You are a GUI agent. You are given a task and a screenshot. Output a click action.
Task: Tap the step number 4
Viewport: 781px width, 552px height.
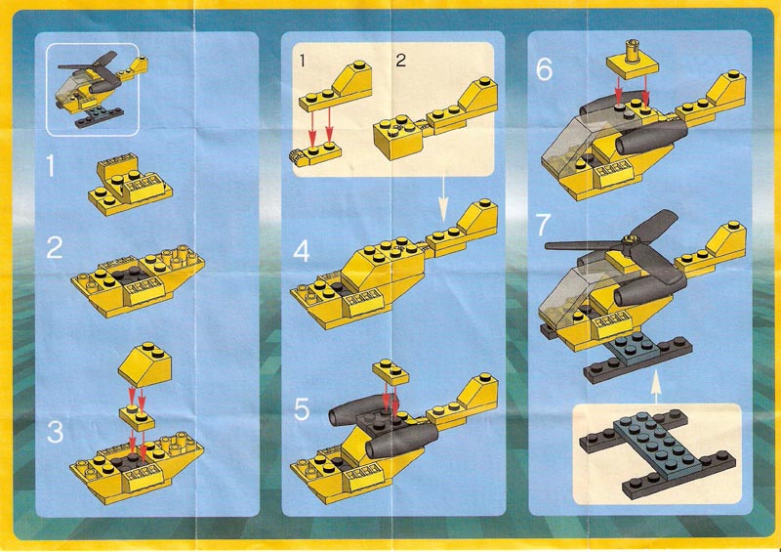[302, 251]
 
